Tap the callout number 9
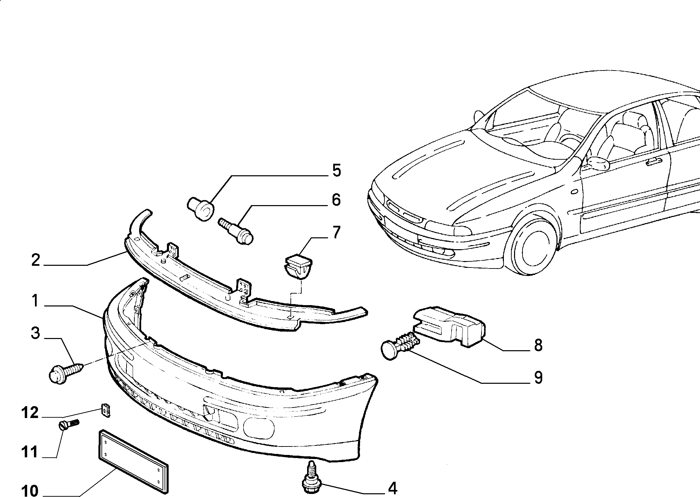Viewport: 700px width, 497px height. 538,377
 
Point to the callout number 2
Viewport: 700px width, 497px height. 35,260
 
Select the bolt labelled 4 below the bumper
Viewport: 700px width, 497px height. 310,475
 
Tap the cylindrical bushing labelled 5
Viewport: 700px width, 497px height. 201,209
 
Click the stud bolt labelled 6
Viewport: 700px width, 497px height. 236,231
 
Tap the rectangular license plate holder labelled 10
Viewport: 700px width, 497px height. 133,460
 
